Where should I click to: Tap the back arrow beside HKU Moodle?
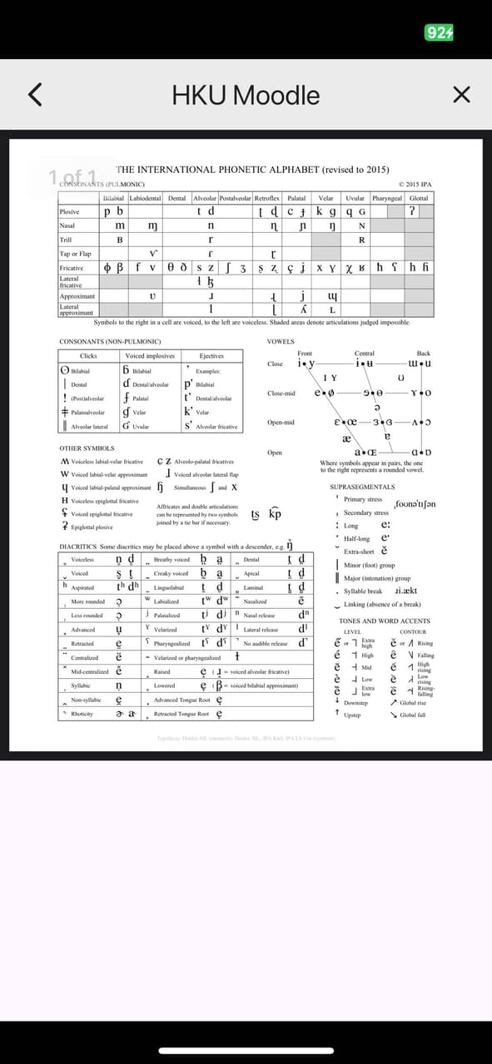[x=34, y=94]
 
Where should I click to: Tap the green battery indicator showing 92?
[x=439, y=32]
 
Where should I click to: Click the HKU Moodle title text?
[x=246, y=95]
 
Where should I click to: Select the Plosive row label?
[x=69, y=212]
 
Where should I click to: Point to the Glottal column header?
[x=419, y=199]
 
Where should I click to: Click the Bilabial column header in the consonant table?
[x=112, y=199]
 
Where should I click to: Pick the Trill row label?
[x=66, y=240]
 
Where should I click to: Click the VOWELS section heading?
[x=280, y=342]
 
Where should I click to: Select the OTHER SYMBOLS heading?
[x=87, y=448]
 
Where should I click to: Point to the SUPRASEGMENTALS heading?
[x=362, y=487]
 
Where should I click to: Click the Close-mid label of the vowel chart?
[x=281, y=393]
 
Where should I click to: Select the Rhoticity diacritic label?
[x=82, y=714]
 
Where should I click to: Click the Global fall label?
[x=413, y=715]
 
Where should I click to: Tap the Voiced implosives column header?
[x=149, y=356]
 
